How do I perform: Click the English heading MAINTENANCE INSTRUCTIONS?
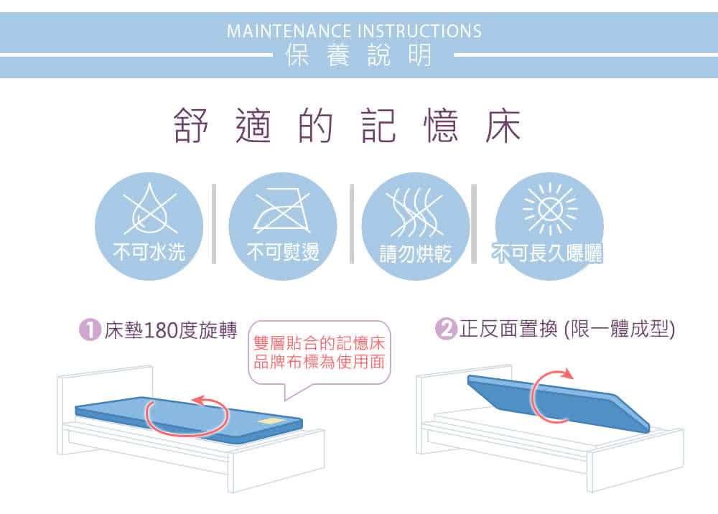coord(354,31)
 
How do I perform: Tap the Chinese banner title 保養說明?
coord(358,55)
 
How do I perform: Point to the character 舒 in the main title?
coord(191,126)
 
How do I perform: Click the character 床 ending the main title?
coord(503,126)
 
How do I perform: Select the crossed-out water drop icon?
coord(150,209)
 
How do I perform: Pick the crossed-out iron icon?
coord(282,212)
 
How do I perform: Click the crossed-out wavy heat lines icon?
coord(414,212)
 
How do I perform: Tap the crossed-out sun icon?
coord(550,209)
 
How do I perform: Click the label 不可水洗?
coord(149,252)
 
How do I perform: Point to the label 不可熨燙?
coord(282,252)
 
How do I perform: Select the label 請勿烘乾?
coord(415,254)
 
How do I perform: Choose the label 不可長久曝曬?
coord(547,253)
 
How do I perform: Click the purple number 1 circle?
coord(90,330)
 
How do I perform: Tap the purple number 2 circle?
coord(446,329)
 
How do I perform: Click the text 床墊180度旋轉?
coord(171,330)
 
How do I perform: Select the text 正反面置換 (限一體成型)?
coord(567,329)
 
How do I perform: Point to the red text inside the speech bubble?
coord(320,352)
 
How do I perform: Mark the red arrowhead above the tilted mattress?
coord(567,373)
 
